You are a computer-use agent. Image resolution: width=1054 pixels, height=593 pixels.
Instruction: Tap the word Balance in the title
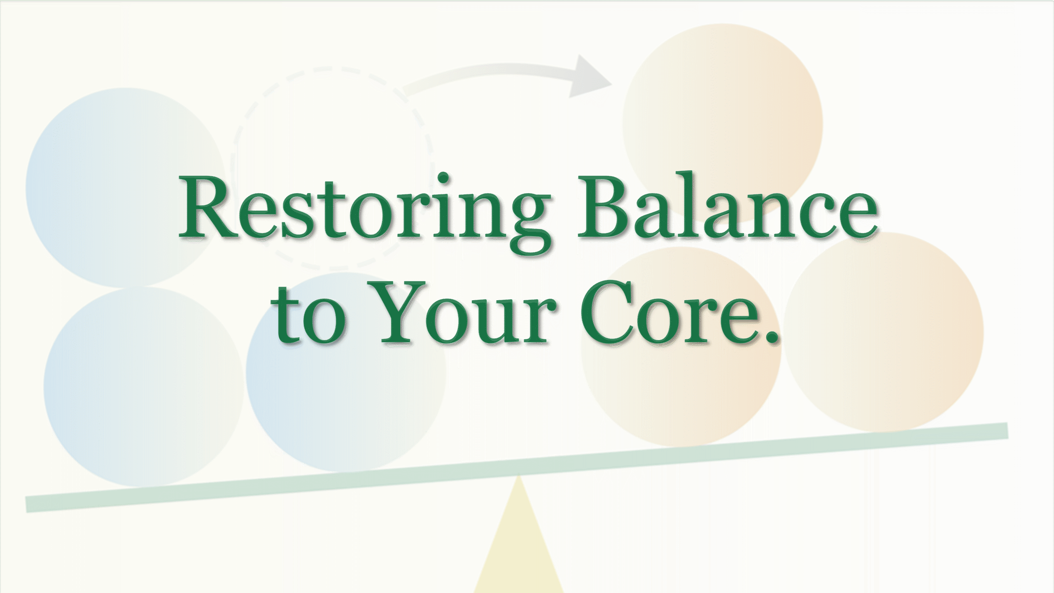727,210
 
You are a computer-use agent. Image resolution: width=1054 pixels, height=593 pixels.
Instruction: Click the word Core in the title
667,315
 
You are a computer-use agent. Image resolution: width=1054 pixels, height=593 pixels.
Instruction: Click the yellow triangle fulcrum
519,552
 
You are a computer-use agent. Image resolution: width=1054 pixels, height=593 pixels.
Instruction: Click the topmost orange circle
723,103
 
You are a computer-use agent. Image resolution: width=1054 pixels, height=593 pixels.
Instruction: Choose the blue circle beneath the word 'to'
346,395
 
